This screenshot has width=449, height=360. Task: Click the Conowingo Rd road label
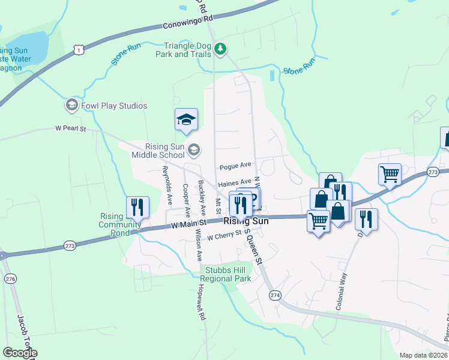pyautogui.click(x=188, y=23)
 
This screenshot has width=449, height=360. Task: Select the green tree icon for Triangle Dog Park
pyautogui.click(x=220, y=49)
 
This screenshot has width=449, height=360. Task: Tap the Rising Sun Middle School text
pyautogui.click(x=157, y=151)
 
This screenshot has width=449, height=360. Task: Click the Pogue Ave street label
pyautogui.click(x=235, y=164)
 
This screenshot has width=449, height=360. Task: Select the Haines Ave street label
pyautogui.click(x=235, y=182)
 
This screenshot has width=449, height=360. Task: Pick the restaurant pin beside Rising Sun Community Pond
pyautogui.click(x=137, y=208)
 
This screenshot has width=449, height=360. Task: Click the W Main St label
pyautogui.click(x=188, y=223)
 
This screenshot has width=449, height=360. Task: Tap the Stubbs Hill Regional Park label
pyautogui.click(x=225, y=275)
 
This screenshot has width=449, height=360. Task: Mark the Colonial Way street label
pyautogui.click(x=342, y=290)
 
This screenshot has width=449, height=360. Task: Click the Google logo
pyautogui.click(x=19, y=353)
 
